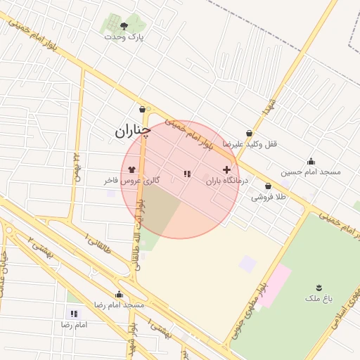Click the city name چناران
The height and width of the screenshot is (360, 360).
133,131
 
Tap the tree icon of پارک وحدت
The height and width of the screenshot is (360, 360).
124,26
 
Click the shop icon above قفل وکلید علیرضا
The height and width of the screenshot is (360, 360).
249,133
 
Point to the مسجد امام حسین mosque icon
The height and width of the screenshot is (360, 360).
311,161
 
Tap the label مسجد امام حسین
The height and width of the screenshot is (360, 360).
310,172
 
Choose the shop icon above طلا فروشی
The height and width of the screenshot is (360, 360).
268,186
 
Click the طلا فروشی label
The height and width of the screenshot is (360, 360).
269,198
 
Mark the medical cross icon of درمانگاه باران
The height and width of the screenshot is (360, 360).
226,169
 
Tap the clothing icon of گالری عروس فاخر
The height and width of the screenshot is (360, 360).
131,169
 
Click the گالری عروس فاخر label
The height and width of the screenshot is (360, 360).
131,181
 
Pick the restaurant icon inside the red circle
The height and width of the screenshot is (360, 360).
186,173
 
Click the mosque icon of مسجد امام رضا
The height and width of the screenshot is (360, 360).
119,295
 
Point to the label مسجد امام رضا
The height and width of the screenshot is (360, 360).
120,305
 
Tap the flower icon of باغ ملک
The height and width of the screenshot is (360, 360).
319,287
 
